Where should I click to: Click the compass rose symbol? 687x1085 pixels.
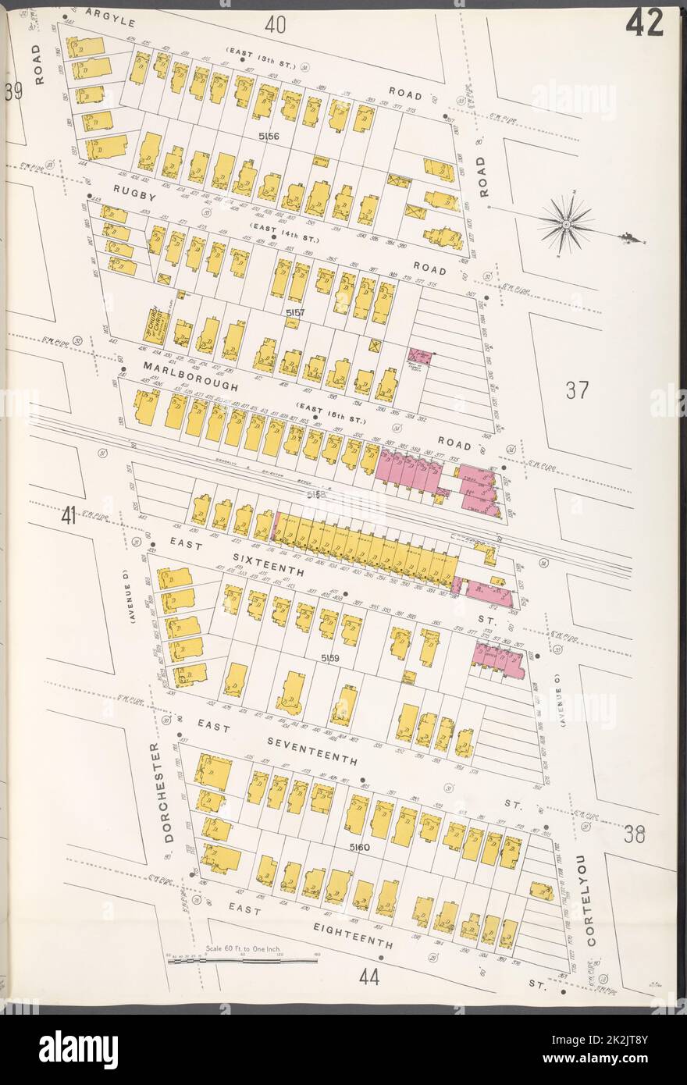click(x=566, y=223)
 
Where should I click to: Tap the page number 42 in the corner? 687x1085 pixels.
click(x=644, y=23)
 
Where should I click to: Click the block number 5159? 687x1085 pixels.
click(x=329, y=659)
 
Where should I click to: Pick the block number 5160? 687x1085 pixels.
click(x=360, y=847)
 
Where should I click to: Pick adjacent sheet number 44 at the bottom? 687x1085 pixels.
click(x=369, y=976)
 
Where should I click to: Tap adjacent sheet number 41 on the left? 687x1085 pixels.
click(x=69, y=516)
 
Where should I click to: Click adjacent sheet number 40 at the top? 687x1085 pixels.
click(x=274, y=26)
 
